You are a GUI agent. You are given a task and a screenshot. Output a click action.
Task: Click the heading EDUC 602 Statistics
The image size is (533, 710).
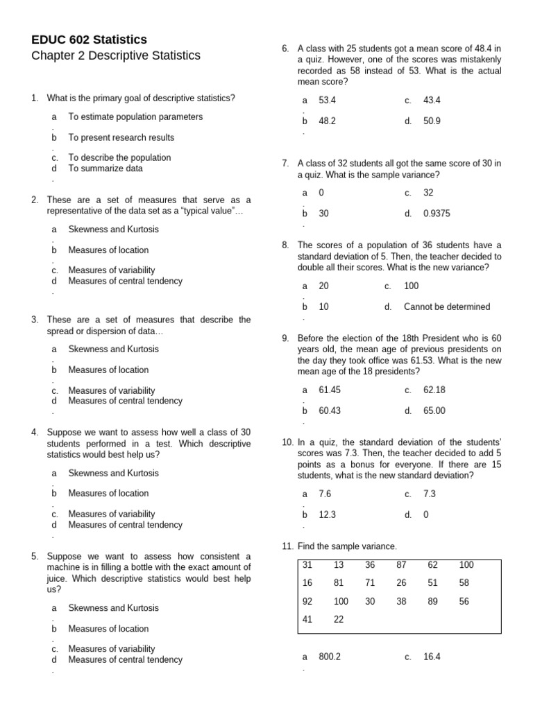[89, 40]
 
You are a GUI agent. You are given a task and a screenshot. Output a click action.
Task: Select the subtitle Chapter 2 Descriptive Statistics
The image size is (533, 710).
[115, 55]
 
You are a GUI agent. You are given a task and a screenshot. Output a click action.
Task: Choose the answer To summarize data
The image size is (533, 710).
[105, 168]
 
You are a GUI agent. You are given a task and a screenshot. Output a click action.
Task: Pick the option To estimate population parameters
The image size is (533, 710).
[135, 116]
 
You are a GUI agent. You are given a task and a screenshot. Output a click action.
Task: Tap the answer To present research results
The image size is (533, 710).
[121, 137]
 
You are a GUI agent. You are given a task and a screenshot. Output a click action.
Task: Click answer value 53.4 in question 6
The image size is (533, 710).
[327, 100]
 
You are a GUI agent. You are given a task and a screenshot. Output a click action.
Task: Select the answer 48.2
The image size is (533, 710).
[327, 121]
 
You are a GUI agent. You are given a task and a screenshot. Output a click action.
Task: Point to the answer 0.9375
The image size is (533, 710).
[437, 214]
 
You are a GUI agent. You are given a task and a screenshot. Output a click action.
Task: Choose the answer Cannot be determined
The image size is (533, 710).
[446, 306]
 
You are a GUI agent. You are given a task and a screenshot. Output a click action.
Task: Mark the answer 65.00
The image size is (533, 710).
[434, 410]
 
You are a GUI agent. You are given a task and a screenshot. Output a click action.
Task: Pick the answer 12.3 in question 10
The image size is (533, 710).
[327, 514]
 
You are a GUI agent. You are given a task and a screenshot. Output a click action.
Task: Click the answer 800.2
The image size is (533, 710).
[330, 657]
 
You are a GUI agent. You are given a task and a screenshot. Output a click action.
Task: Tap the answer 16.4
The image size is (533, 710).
[432, 657]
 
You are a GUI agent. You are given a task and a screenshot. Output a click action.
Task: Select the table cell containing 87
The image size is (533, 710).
[401, 565]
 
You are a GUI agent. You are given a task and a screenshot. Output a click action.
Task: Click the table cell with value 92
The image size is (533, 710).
[307, 601]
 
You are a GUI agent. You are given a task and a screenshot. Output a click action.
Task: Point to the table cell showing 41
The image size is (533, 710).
[307, 619]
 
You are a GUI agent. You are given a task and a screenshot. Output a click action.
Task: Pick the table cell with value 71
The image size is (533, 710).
[370, 583]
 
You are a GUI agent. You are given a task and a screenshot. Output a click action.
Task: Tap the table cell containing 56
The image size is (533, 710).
[464, 601]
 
